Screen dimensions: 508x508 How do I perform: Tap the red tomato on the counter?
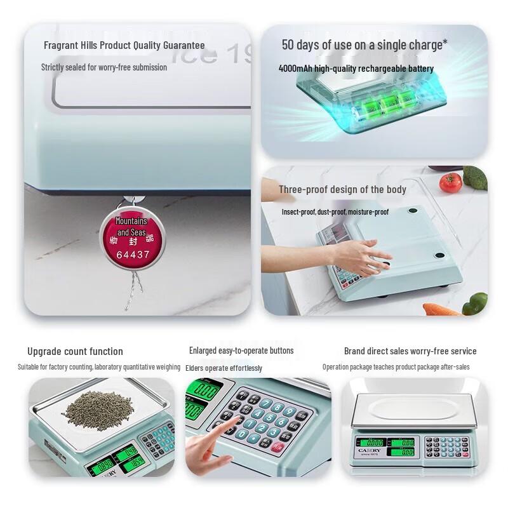[450, 182]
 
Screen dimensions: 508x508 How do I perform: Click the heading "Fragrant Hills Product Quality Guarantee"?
[124, 46]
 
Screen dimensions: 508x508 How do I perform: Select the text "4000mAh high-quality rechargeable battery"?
[356, 69]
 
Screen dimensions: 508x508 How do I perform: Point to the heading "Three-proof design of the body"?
[342, 189]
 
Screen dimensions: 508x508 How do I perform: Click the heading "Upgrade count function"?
[75, 352]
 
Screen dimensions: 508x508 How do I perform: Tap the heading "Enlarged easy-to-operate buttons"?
[241, 351]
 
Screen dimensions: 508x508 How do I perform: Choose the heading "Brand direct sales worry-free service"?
[410, 351]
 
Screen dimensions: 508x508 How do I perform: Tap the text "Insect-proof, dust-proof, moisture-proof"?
[335, 212]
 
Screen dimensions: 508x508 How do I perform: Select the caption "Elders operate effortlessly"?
[224, 368]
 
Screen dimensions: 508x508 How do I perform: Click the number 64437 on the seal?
[133, 255]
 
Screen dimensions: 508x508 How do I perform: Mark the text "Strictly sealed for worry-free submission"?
[104, 67]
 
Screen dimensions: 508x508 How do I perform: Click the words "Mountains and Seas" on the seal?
[131, 227]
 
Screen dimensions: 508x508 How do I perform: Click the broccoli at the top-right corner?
[476, 177]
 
